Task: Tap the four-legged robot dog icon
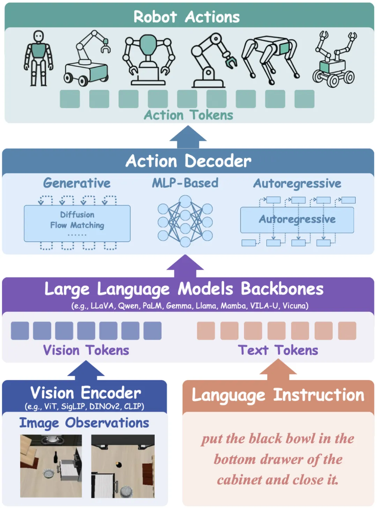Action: pyautogui.click(x=271, y=58)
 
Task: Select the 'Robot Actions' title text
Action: pyautogui.click(x=187, y=17)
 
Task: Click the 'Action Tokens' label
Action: pyautogui.click(x=188, y=115)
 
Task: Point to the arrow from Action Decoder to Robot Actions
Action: pyautogui.click(x=188, y=137)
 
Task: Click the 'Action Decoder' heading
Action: pyautogui.click(x=188, y=161)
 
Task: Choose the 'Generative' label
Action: pyautogui.click(x=77, y=183)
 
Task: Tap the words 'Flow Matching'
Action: pyautogui.click(x=77, y=225)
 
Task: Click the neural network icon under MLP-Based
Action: pyautogui.click(x=185, y=221)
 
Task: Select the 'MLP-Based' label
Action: pyautogui.click(x=185, y=183)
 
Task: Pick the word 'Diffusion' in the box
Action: pyautogui.click(x=77, y=215)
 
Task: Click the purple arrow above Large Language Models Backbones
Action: pyautogui.click(x=185, y=266)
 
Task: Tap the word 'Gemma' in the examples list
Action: pyautogui.click(x=179, y=306)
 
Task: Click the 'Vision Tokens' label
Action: pyautogui.click(x=86, y=350)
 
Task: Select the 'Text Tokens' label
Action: pyautogui.click(x=278, y=350)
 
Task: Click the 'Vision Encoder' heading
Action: pyautogui.click(x=86, y=393)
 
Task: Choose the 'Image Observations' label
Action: pyautogui.click(x=84, y=423)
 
